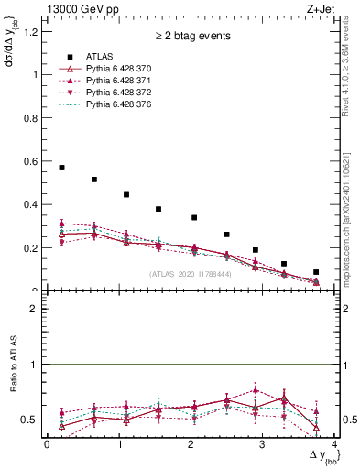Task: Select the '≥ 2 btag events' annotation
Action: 191,38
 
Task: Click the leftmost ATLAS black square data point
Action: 61,168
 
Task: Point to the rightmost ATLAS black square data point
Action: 316,272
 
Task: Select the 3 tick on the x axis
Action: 262,444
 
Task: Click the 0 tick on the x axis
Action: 47,444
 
